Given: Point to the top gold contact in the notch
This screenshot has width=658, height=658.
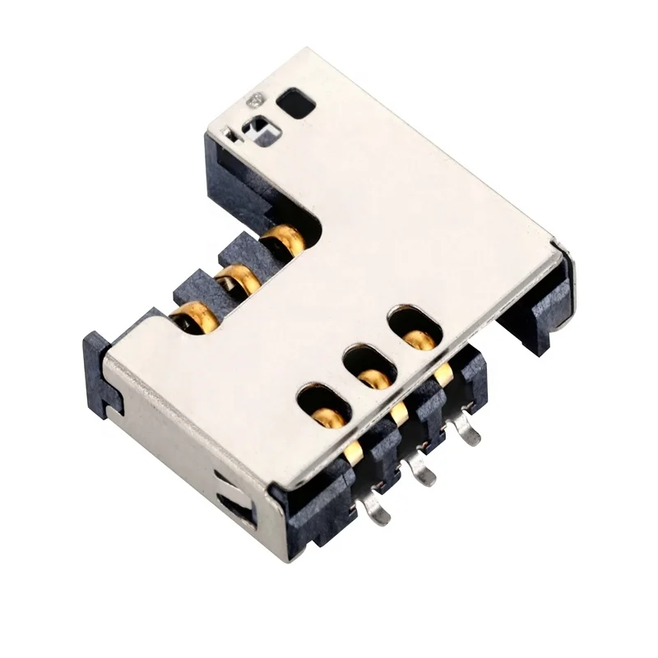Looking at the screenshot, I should (285, 239).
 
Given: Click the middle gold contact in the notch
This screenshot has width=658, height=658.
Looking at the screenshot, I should (237, 278).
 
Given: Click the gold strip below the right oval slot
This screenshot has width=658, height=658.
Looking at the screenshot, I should (444, 375).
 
